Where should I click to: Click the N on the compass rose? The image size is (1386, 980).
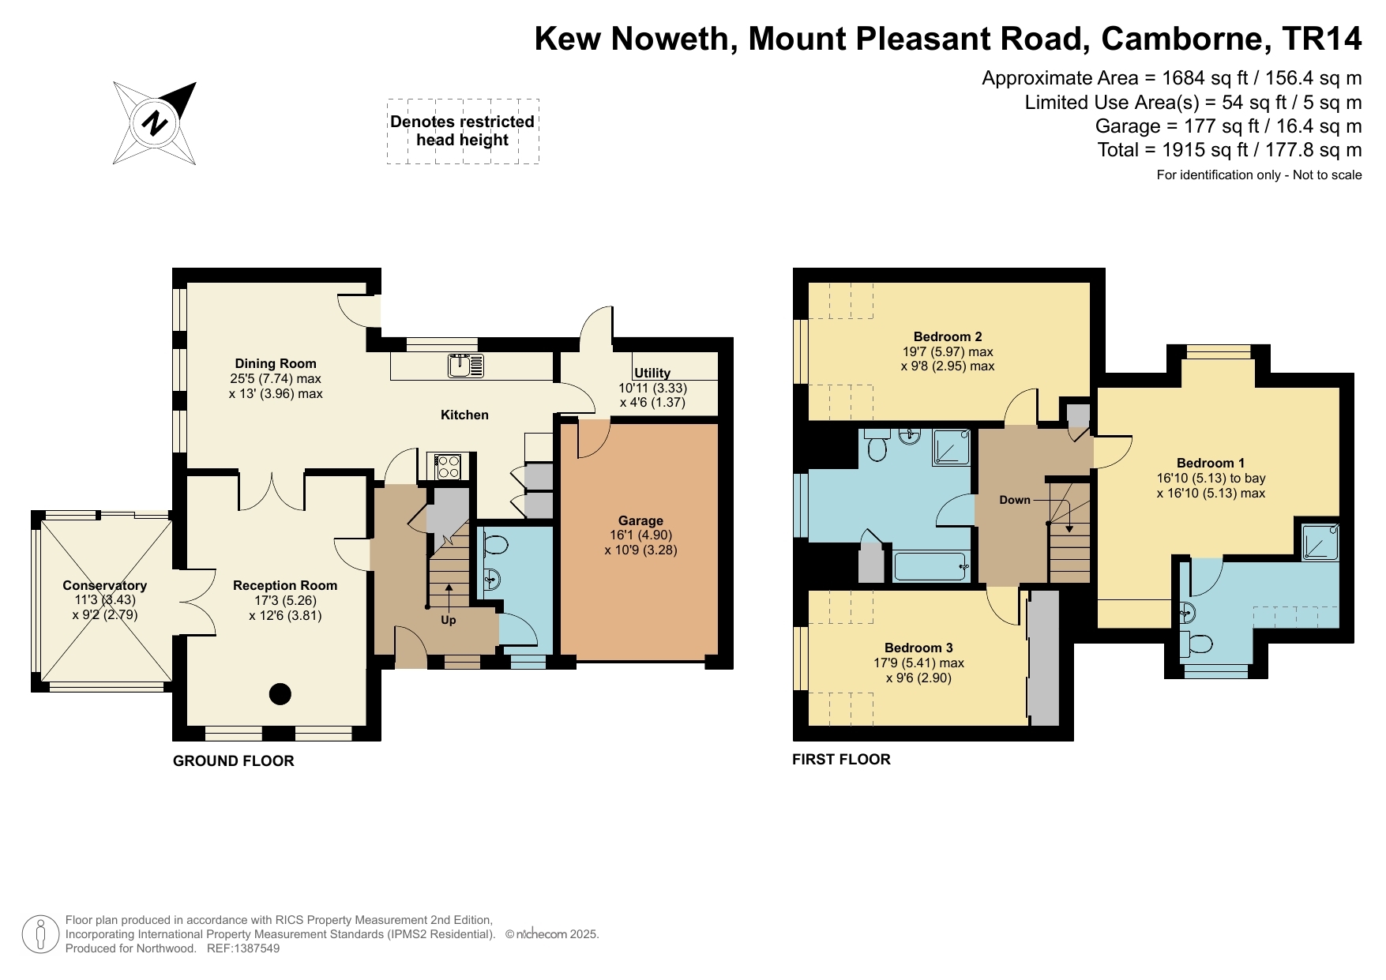coord(155,123)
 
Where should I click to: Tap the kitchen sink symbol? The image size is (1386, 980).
coord(465,366)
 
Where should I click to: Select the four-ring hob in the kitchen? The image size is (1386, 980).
coord(448,466)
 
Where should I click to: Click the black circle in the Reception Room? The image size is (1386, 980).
coord(280,694)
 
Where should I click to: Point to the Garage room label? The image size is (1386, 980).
coord(640,520)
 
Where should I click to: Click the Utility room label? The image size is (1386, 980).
coord(652,373)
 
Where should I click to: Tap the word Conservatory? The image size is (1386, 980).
coord(104,585)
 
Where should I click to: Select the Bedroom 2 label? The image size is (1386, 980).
coord(947,336)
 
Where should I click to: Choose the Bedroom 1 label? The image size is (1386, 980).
coord(1210,463)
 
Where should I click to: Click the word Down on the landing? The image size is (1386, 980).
coord(1014,499)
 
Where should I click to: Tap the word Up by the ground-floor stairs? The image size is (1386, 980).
coord(448,620)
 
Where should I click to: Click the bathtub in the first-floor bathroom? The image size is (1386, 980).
coord(930,566)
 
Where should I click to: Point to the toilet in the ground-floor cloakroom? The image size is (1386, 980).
coord(495,545)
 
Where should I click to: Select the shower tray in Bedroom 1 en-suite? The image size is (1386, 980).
coord(1319,542)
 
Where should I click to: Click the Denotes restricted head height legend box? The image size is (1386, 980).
coord(463,131)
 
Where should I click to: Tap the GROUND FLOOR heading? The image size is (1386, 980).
coord(233,760)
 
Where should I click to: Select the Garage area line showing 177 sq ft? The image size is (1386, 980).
coord(1228,126)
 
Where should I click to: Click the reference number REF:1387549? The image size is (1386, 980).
coord(242,948)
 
